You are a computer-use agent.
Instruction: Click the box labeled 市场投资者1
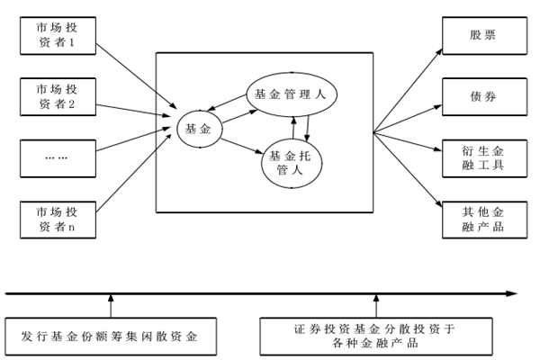(x=56, y=33)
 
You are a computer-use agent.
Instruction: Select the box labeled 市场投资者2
(x=56, y=95)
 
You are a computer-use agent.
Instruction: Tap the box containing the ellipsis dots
(x=56, y=158)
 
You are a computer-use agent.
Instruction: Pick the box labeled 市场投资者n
(x=56, y=220)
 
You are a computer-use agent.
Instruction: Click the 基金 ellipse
(x=199, y=130)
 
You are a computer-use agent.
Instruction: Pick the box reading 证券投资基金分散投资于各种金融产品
(x=375, y=335)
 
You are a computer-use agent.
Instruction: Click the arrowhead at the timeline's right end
(x=510, y=293)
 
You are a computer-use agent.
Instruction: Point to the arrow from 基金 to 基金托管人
(x=241, y=143)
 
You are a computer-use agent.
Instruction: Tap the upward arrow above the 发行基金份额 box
(x=112, y=305)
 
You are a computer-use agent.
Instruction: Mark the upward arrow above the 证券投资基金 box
(x=376, y=305)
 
